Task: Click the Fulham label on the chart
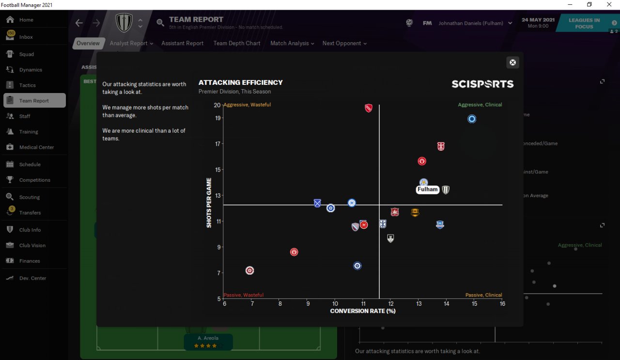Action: tap(428, 189)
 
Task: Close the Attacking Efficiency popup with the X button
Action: tap(512, 63)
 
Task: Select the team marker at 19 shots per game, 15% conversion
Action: tap(472, 119)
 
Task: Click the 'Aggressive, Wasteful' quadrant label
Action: tap(247, 105)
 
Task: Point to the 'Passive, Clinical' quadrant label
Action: tap(483, 295)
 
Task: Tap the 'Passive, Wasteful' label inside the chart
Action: tap(244, 295)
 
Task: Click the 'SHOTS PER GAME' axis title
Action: tap(209, 203)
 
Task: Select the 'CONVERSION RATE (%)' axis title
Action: tap(363, 311)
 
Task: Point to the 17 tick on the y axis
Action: tap(217, 144)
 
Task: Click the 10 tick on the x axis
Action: tap(335, 304)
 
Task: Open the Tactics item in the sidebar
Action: tap(28, 85)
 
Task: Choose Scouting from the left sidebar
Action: tap(30, 197)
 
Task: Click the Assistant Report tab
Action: tap(182, 43)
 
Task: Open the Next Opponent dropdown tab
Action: tap(344, 43)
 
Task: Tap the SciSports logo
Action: tap(482, 84)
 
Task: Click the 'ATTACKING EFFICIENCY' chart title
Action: tap(241, 82)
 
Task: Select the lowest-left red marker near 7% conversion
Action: tap(249, 270)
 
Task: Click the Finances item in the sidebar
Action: tap(30, 261)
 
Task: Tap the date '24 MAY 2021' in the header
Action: tap(538, 20)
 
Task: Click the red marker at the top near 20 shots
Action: tap(369, 108)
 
